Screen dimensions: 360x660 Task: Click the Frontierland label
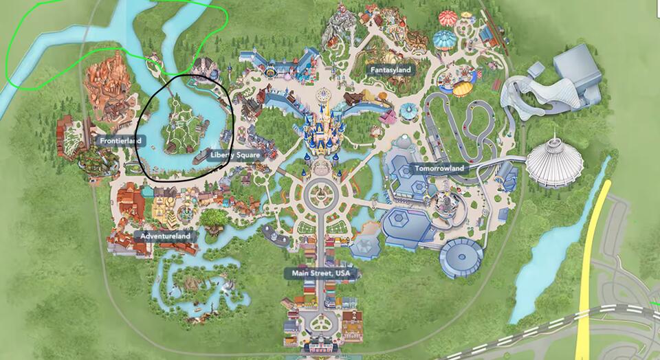(x=120, y=141)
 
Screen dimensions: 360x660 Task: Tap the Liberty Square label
(x=235, y=155)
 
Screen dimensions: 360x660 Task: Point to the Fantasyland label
(x=390, y=69)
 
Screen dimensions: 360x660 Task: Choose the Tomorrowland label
(x=439, y=168)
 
